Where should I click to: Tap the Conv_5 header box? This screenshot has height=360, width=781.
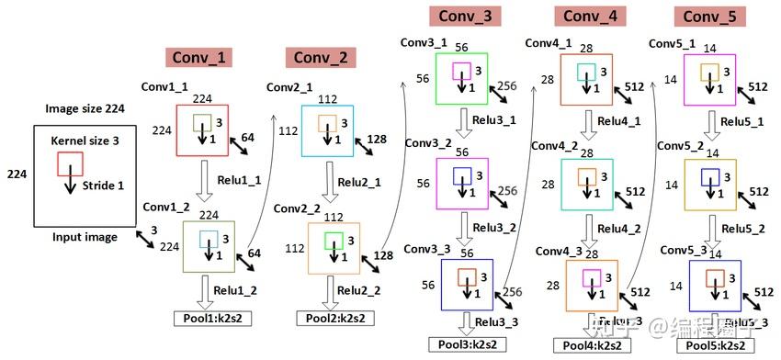tap(708, 17)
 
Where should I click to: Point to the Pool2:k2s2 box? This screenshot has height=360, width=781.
tap(331, 318)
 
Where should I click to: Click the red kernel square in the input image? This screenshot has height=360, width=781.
tap(71, 163)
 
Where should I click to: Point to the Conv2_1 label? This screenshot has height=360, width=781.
tap(289, 87)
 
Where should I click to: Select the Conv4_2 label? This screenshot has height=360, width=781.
tap(554, 146)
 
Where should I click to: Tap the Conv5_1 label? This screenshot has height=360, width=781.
tap(672, 43)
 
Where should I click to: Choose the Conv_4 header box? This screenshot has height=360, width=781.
tap(587, 17)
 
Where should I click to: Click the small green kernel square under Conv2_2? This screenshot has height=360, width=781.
tap(334, 241)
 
